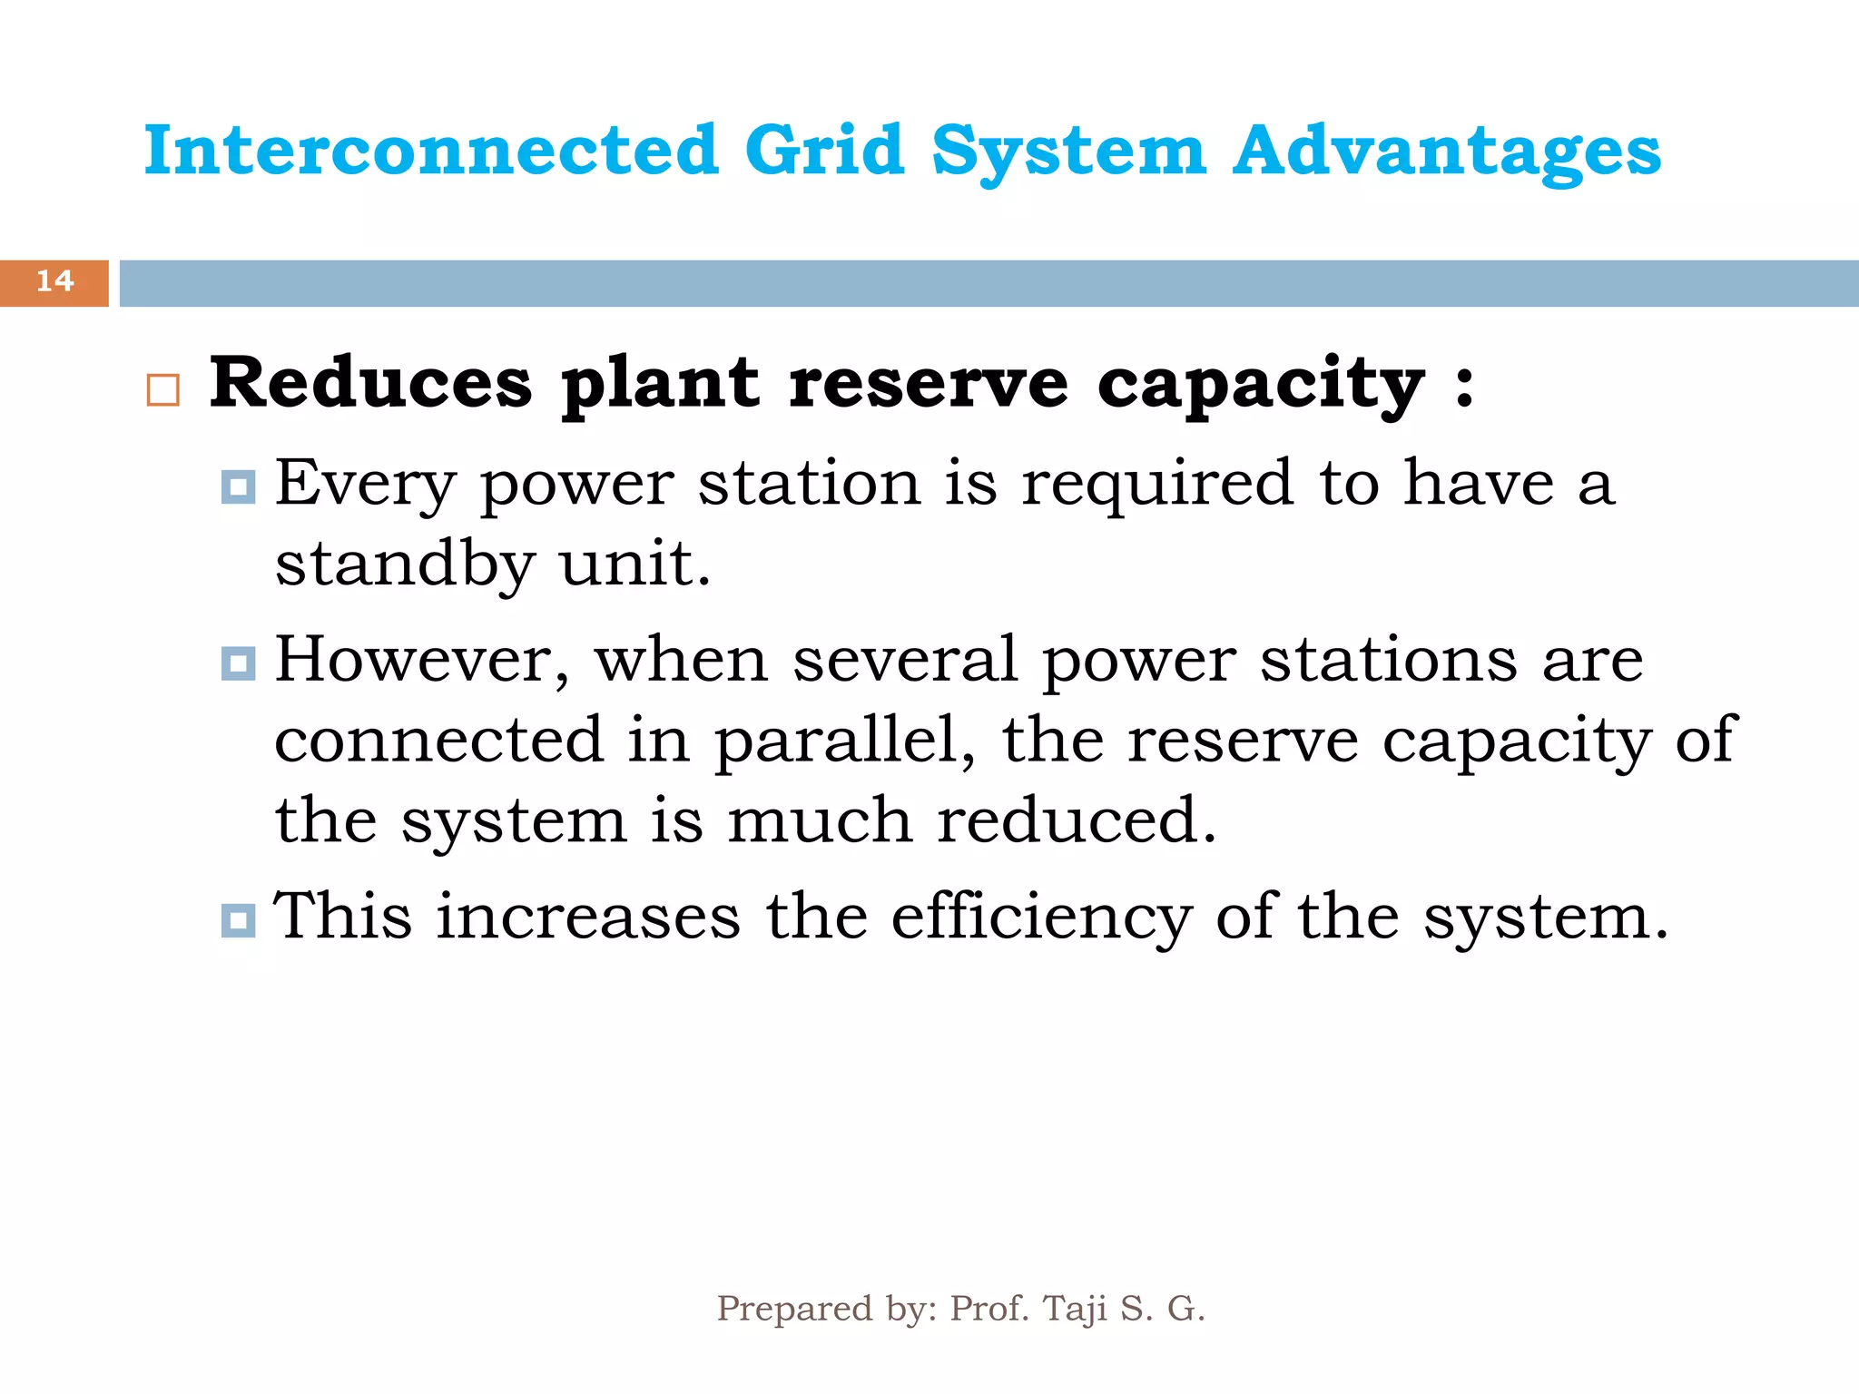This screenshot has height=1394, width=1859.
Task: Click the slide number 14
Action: pyautogui.click(x=54, y=281)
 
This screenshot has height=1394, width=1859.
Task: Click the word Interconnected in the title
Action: pyautogui.click(x=431, y=151)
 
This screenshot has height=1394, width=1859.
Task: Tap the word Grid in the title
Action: pyautogui.click(x=823, y=151)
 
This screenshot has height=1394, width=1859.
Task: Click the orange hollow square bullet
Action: pyautogui.click(x=163, y=390)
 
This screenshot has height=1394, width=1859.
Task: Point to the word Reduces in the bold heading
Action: pyautogui.click(x=370, y=383)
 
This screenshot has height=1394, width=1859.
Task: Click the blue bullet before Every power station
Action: pyautogui.click(x=238, y=487)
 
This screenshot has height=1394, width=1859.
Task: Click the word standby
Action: pyautogui.click(x=404, y=564)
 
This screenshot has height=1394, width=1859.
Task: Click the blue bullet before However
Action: pyautogui.click(x=238, y=663)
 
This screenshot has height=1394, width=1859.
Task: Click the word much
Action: pyautogui.click(x=819, y=820)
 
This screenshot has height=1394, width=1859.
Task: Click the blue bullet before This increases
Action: pyautogui.click(x=238, y=921)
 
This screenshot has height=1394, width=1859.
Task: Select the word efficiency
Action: pyautogui.click(x=1041, y=918)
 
